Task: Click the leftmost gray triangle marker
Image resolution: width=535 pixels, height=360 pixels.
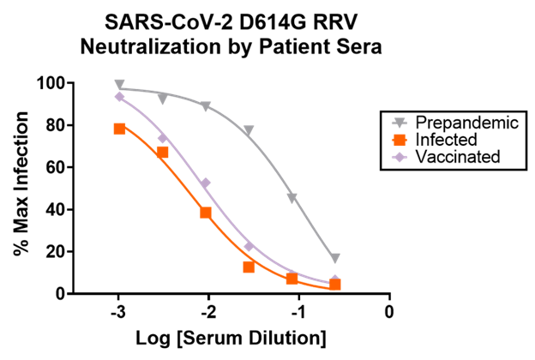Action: pyautogui.click(x=119, y=85)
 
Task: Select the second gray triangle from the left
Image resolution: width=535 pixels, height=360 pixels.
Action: pyautogui.click(x=162, y=99)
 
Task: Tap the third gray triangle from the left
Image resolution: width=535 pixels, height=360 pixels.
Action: pyautogui.click(x=205, y=106)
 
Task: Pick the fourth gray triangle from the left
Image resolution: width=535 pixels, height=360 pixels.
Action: pyautogui.click(x=249, y=131)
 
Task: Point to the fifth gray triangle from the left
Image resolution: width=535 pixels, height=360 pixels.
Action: pyautogui.click(x=292, y=198)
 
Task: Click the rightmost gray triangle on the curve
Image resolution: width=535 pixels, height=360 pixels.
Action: pyautogui.click(x=335, y=258)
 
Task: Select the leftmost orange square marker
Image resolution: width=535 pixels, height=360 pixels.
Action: pyautogui.click(x=119, y=129)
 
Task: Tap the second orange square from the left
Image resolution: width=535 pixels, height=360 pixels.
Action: pyautogui.click(x=162, y=152)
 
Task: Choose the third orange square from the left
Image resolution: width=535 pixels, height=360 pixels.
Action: pyautogui.click(x=206, y=213)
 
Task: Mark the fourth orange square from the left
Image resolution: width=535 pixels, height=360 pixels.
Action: pyautogui.click(x=249, y=267)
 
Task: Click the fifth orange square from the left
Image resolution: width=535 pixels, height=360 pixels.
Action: pyautogui.click(x=292, y=279)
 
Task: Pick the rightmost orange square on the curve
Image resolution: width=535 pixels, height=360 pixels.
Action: pyautogui.click(x=334, y=285)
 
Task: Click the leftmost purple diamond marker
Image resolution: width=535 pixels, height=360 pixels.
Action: pyautogui.click(x=119, y=97)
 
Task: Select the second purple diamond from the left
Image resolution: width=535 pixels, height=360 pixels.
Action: pyautogui.click(x=162, y=138)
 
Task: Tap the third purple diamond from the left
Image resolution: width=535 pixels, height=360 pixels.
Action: pyautogui.click(x=206, y=183)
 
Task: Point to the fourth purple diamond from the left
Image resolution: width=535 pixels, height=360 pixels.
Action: pyautogui.click(x=249, y=246)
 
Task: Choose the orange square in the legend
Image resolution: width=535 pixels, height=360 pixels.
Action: pyautogui.click(x=400, y=140)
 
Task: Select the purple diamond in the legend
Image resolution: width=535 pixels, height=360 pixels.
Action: pyautogui.click(x=400, y=157)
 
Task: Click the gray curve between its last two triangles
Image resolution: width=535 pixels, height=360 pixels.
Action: pyautogui.click(x=314, y=229)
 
